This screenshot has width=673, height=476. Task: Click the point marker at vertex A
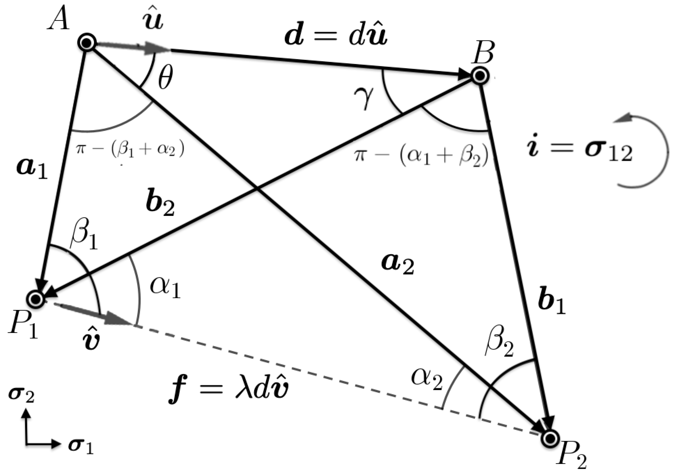(87, 43)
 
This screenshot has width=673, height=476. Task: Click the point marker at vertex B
(480, 76)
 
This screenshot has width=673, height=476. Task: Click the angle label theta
(165, 77)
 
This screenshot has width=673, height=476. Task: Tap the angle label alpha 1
(165, 287)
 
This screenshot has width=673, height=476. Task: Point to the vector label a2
(398, 263)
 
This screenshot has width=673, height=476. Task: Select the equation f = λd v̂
(229, 390)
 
